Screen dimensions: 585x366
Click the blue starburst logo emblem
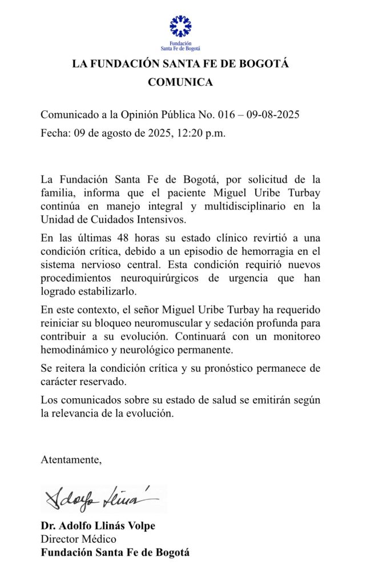(x=180, y=26)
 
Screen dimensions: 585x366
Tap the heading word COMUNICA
(x=180, y=82)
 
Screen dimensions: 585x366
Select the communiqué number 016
(x=227, y=114)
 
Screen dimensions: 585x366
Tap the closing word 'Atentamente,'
(x=71, y=460)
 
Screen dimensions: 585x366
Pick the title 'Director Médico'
(x=78, y=539)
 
